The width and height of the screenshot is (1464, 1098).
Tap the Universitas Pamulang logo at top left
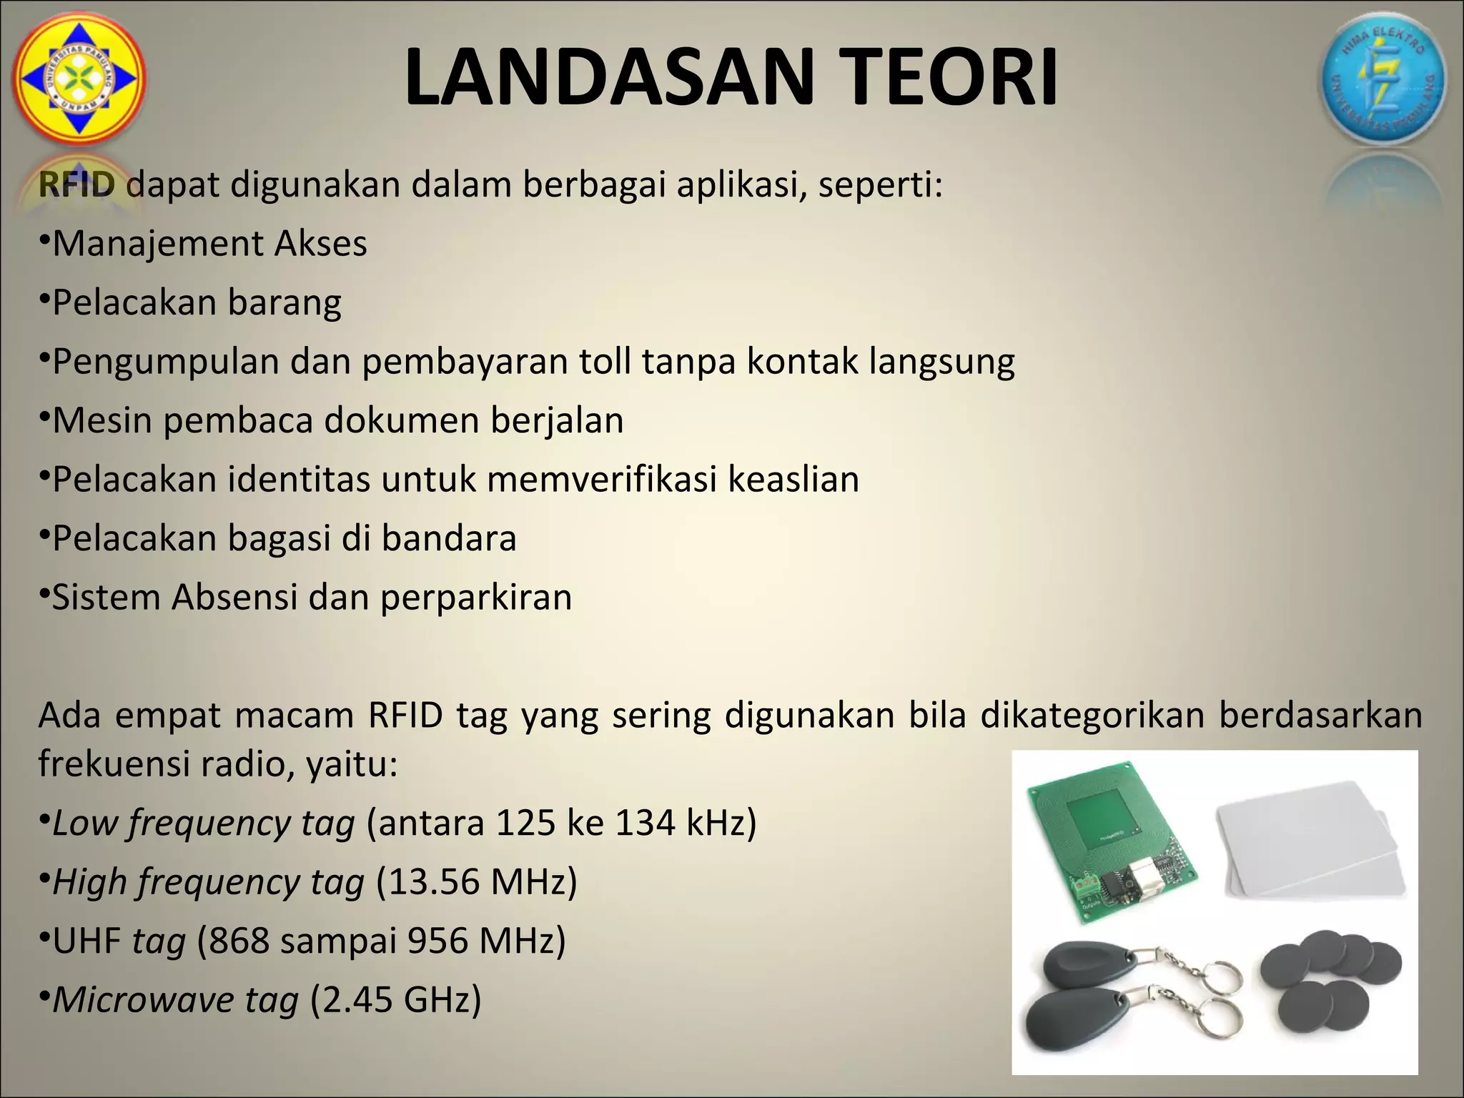(79, 79)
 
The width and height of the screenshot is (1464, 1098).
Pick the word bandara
(448, 538)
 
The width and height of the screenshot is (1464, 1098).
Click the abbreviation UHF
(86, 941)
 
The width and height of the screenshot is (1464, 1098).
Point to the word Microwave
(143, 999)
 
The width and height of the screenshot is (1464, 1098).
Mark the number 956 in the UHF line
(437, 941)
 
